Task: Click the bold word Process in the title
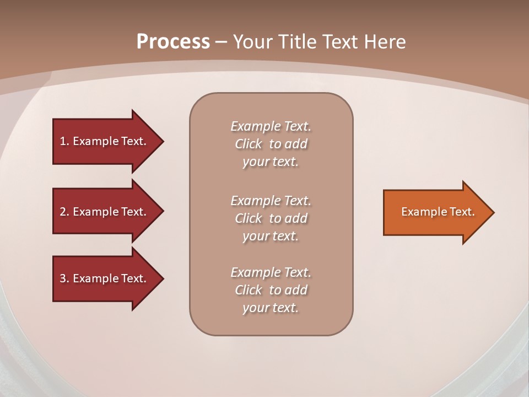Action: (173, 42)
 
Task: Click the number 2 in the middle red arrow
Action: (63, 212)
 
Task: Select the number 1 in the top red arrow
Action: (63, 141)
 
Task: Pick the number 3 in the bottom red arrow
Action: (63, 278)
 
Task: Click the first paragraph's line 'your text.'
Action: (271, 162)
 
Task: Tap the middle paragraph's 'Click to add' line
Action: (271, 218)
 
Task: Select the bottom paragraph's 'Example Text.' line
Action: (271, 272)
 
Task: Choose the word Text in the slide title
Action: (341, 42)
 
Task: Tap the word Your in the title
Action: (253, 42)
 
